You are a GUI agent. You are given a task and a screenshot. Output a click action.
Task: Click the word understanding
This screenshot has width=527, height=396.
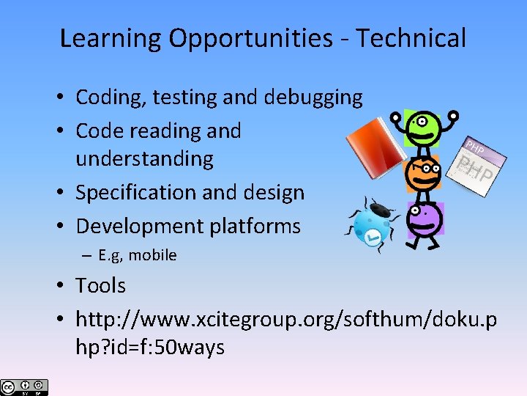click(x=144, y=158)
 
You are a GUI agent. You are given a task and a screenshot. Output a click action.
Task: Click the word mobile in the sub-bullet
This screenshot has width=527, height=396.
click(x=152, y=255)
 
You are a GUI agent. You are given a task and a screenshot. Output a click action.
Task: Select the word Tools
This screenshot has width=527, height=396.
click(x=100, y=285)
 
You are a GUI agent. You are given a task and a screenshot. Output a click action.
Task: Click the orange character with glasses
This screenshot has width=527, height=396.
click(x=424, y=175)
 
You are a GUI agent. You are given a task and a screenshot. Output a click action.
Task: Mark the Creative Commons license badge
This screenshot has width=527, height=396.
click(x=24, y=387)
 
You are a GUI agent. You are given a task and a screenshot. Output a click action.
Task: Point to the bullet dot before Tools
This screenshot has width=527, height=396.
click(x=65, y=286)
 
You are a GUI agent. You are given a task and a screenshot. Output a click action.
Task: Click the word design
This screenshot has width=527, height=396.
click(x=274, y=192)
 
